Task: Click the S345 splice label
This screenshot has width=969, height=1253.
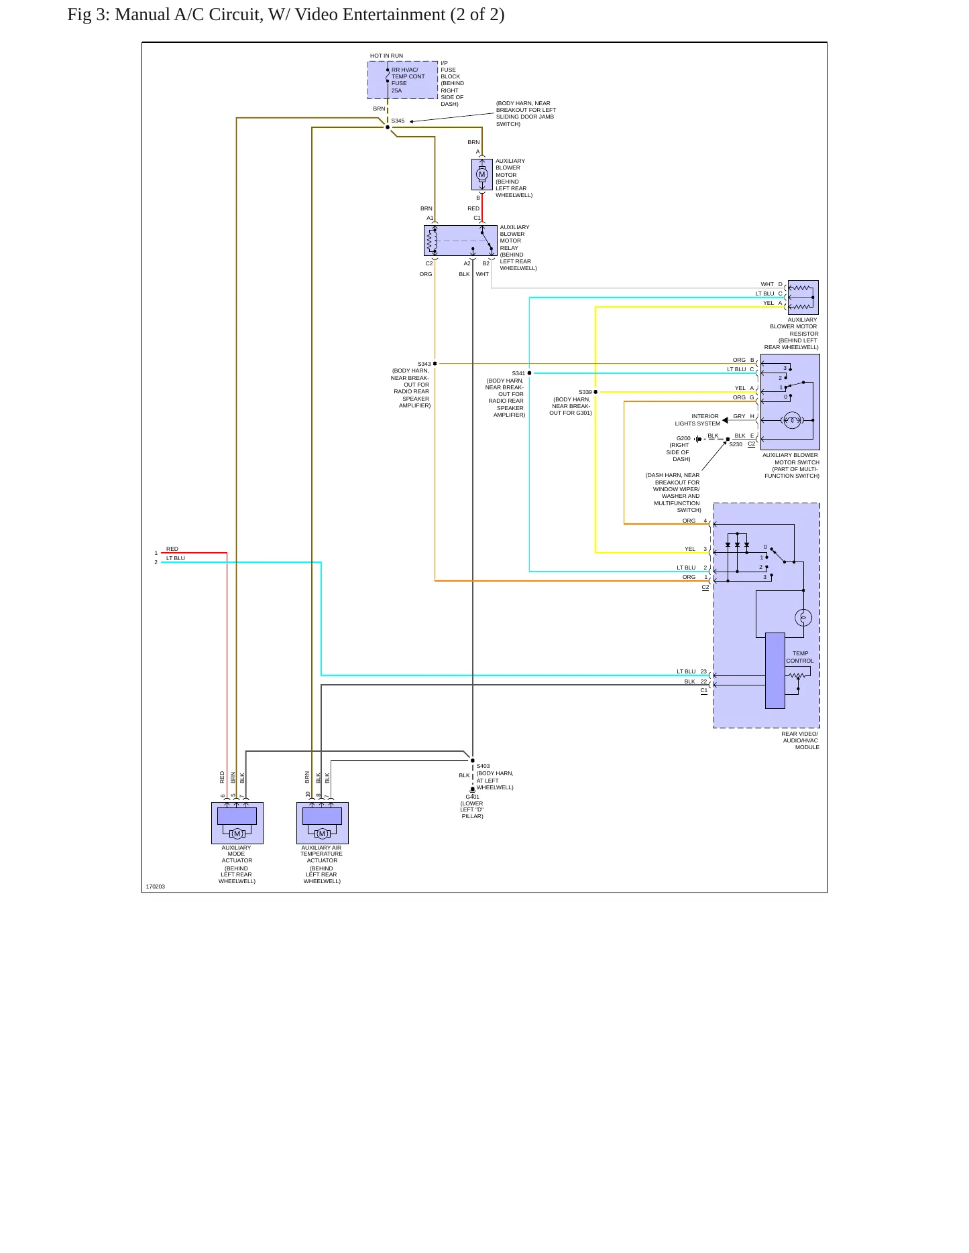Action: click(398, 121)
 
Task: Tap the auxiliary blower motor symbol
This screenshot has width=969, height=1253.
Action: click(481, 174)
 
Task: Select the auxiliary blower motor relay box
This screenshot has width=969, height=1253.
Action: click(461, 241)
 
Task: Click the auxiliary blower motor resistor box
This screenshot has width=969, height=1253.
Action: click(803, 298)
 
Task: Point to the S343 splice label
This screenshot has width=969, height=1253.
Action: click(424, 364)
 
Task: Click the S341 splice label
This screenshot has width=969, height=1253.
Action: click(518, 373)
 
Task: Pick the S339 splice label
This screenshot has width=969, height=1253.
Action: click(585, 392)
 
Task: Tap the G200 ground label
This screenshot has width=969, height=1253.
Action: click(683, 438)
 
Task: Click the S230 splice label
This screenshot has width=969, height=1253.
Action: click(736, 444)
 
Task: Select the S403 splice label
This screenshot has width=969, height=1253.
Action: click(483, 766)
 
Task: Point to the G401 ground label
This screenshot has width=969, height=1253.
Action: click(472, 797)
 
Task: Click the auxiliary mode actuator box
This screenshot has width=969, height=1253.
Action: click(237, 823)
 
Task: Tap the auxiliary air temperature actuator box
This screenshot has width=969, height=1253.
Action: click(323, 823)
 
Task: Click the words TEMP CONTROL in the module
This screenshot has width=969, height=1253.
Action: click(800, 657)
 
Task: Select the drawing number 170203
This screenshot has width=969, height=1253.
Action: click(156, 886)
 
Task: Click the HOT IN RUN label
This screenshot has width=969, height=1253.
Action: click(386, 56)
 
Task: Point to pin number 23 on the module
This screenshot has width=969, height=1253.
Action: click(703, 671)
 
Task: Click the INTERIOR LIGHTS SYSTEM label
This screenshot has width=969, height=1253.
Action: click(697, 419)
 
